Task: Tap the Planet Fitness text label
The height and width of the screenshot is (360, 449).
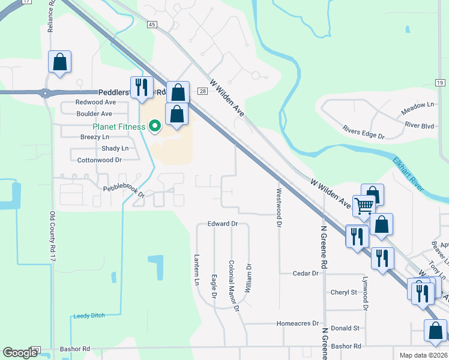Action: (x=119, y=127)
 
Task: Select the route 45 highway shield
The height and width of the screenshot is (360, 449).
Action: (x=152, y=24)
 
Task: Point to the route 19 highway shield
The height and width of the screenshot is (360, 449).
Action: (x=439, y=82)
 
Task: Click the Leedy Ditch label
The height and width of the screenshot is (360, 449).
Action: (x=89, y=316)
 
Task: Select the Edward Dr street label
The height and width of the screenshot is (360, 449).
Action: (x=223, y=224)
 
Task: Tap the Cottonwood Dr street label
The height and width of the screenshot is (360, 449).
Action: (x=100, y=160)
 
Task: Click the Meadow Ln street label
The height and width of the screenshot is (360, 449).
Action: (x=417, y=104)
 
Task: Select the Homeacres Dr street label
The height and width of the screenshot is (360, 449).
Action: (x=297, y=323)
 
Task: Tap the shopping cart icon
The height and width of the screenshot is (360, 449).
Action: (x=364, y=206)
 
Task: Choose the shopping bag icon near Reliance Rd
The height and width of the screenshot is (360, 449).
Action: (x=60, y=61)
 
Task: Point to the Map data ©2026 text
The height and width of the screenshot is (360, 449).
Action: (x=423, y=355)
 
